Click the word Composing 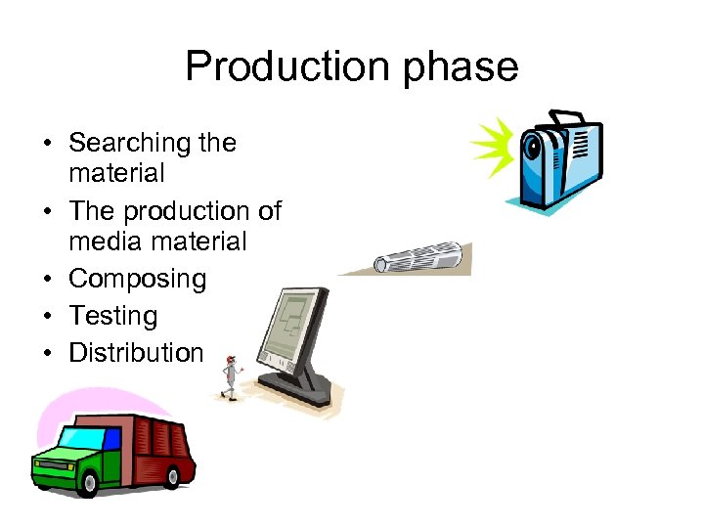pos(137,279)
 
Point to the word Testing pos(112,316)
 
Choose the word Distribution pos(136,352)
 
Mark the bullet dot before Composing pos(47,280)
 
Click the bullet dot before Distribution pos(47,353)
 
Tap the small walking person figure pos(230,377)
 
